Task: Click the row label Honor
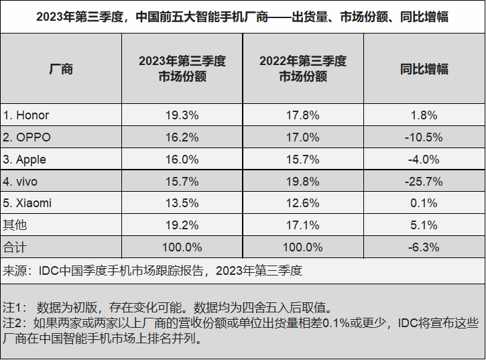26,115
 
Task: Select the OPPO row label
27,137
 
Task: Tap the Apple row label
25,160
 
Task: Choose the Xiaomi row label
27,203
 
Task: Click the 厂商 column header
61,68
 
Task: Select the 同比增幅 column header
424,68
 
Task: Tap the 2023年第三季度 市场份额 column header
182,68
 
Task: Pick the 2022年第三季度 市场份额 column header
303,68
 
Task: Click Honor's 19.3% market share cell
182,115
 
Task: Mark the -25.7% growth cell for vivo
424,181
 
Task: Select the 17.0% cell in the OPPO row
303,137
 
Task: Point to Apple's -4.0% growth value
424,160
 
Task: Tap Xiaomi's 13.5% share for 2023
182,203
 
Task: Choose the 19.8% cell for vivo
303,181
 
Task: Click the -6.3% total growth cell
424,247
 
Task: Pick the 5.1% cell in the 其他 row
424,225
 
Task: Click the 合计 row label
15,247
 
